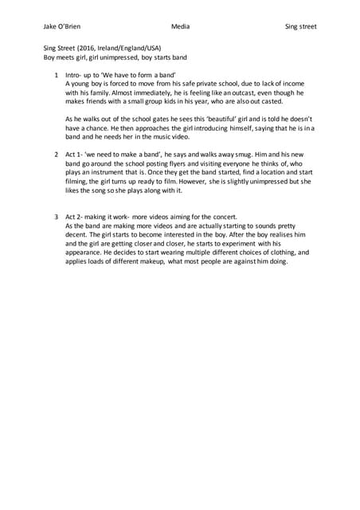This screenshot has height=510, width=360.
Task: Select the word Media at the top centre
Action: (181, 26)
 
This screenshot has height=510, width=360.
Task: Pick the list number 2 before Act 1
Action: (56, 153)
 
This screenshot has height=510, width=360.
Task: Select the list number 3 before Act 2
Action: (56, 217)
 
